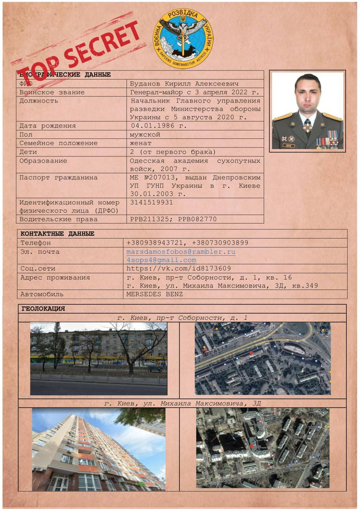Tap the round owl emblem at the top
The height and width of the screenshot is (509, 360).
pyautogui.click(x=183, y=38)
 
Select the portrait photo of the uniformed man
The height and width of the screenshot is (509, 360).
pyautogui.click(x=308, y=111)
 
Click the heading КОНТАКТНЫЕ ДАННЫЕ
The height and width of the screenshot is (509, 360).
pyautogui.click(x=58, y=234)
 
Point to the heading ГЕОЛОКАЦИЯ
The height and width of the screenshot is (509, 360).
pyautogui.click(x=43, y=309)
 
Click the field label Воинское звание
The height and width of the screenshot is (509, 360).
pyautogui.click(x=52, y=92)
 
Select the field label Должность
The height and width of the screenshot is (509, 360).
pyautogui.click(x=39, y=100)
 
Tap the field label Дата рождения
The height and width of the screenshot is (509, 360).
pyautogui.click(x=48, y=126)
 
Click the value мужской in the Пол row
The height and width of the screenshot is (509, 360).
pyautogui.click(x=145, y=134)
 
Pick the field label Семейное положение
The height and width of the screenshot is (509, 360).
pyautogui.click(x=59, y=143)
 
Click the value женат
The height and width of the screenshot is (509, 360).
pyautogui.click(x=141, y=143)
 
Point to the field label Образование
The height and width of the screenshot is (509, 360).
pyautogui.click(x=43, y=161)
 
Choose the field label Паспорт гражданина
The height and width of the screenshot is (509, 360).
pyautogui.click(x=59, y=177)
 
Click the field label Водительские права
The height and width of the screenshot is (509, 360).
pyautogui.click(x=59, y=219)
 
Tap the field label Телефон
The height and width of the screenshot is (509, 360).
pyautogui.click(x=35, y=242)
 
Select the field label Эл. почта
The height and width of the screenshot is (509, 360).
pyautogui.click(x=40, y=252)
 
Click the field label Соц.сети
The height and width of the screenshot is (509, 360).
pyautogui.click(x=38, y=268)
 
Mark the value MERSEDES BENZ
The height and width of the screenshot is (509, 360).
pyautogui.click(x=154, y=294)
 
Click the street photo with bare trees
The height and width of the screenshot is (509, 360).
pyautogui.click(x=99, y=359)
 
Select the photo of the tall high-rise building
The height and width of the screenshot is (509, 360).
pyautogui.click(x=99, y=450)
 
